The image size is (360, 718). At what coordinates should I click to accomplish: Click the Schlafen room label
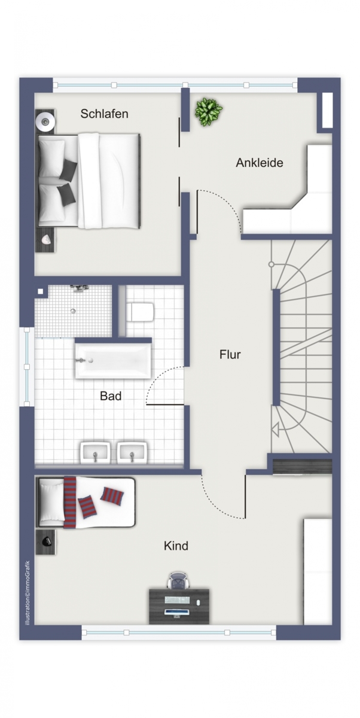click(104, 114)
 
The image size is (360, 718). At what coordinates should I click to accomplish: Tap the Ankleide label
click(260, 163)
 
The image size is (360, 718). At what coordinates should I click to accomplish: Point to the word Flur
click(230, 354)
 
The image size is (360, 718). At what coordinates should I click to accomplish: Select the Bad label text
click(111, 396)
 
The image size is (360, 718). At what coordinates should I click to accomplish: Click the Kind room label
click(176, 546)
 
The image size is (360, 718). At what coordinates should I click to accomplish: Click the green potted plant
click(209, 112)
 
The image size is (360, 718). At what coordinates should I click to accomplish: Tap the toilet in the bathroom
click(140, 312)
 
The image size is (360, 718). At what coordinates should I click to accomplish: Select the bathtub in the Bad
click(113, 361)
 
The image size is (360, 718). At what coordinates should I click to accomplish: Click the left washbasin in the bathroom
click(95, 452)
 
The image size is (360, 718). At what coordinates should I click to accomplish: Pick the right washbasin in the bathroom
click(132, 452)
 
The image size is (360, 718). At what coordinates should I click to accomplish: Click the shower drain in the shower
click(73, 311)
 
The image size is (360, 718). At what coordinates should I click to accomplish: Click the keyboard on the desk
click(177, 599)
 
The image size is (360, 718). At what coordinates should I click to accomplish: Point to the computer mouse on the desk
click(199, 603)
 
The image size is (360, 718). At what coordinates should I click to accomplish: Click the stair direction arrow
click(275, 429)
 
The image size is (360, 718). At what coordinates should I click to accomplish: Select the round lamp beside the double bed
click(45, 121)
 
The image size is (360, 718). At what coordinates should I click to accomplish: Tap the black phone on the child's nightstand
click(47, 541)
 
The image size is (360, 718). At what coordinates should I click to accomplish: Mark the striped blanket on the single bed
click(70, 502)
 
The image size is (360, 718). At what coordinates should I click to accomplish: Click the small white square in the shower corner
click(40, 291)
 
